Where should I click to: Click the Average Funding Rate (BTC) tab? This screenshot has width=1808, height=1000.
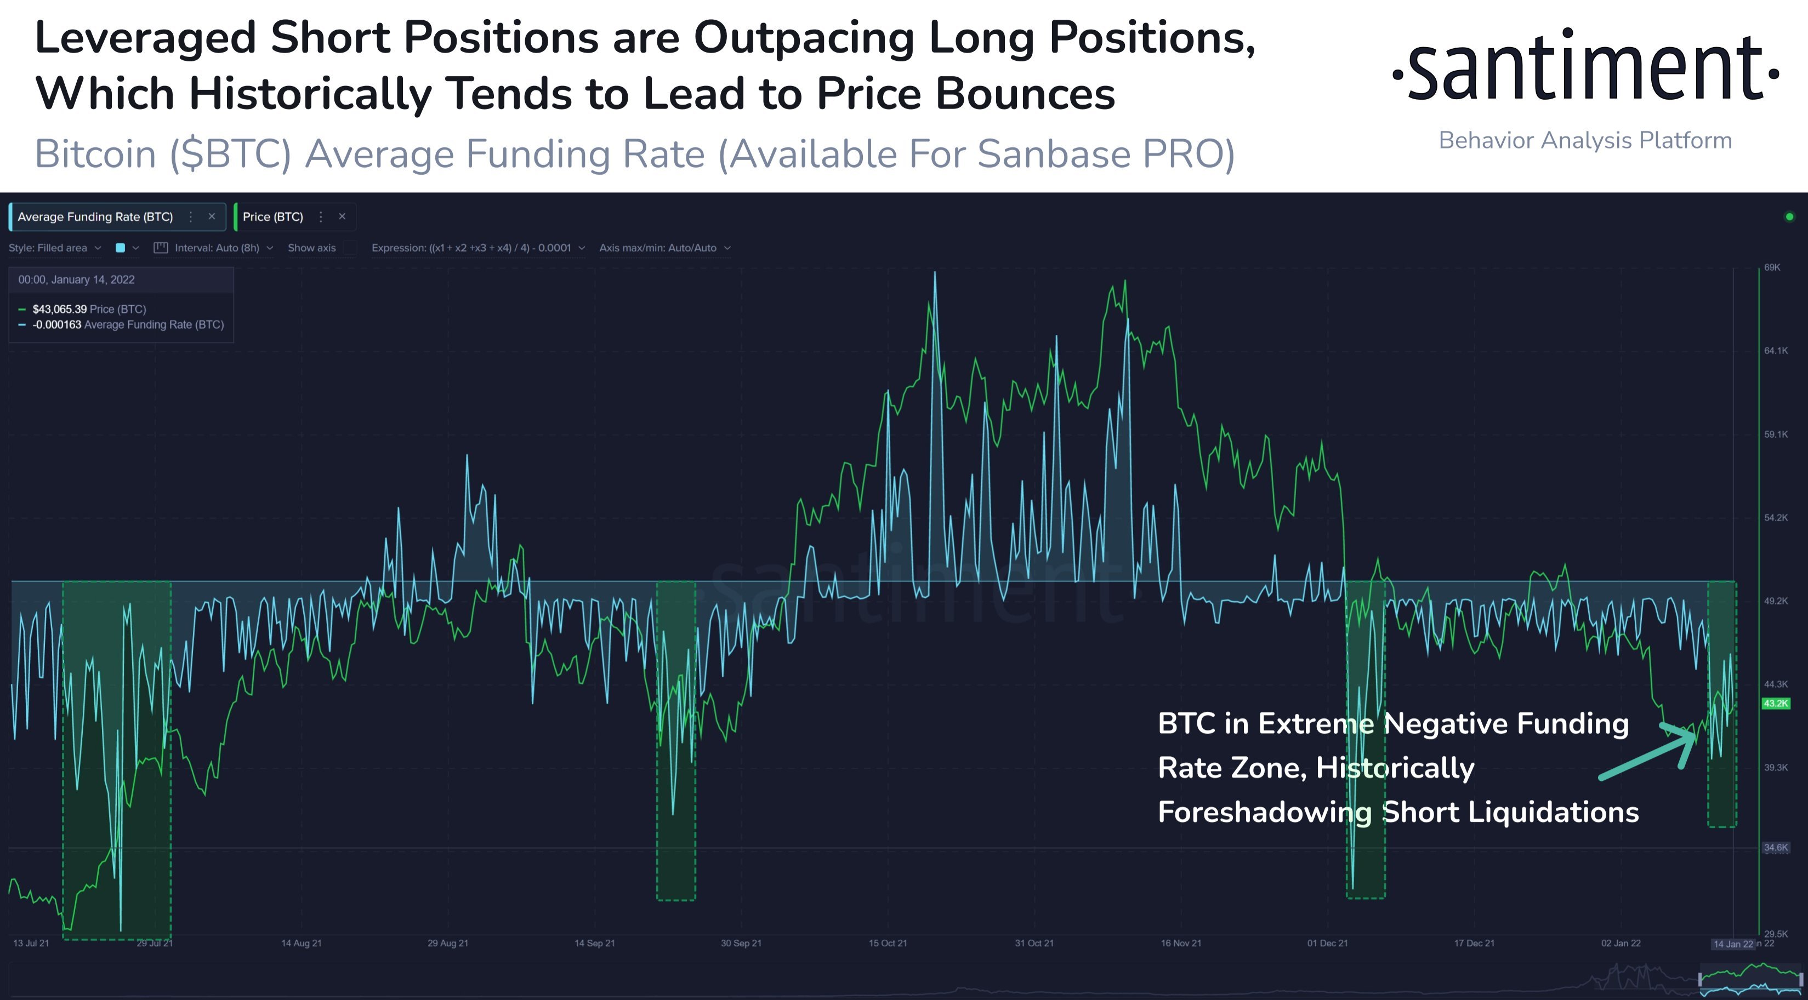[x=95, y=217]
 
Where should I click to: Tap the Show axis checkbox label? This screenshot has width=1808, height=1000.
[x=311, y=248]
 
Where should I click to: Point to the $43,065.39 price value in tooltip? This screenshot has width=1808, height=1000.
[x=60, y=309]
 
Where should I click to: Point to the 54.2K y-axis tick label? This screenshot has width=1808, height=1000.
[x=1776, y=517]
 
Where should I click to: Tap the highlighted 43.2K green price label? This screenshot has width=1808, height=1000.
[x=1775, y=703]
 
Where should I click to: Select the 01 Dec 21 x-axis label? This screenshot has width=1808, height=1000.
[x=1327, y=943]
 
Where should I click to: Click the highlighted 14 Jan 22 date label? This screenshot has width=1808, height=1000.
[x=1732, y=944]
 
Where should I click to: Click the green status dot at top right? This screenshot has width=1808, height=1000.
[x=1789, y=217]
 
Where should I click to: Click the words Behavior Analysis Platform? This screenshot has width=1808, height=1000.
[x=1585, y=140]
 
